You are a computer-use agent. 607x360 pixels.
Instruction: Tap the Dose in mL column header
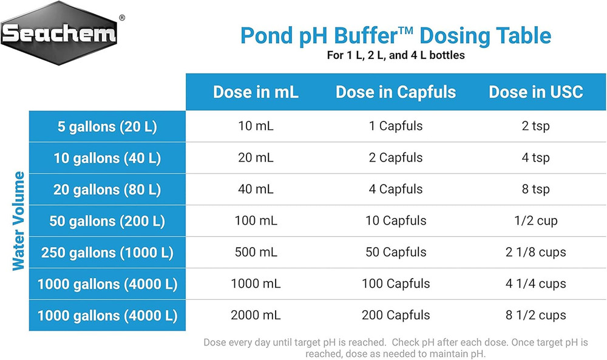pyautogui.click(x=256, y=92)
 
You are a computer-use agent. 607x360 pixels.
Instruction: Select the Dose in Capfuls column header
pyautogui.click(x=396, y=92)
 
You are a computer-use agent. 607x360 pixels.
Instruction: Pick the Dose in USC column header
pyautogui.click(x=536, y=92)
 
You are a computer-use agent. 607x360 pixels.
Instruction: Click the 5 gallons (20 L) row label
pyautogui.click(x=107, y=127)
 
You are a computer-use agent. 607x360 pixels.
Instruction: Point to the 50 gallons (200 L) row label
pyautogui.click(x=107, y=221)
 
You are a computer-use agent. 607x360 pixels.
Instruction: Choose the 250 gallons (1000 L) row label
pyautogui.click(x=107, y=253)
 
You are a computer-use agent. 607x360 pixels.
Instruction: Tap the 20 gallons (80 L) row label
pyautogui.click(x=107, y=189)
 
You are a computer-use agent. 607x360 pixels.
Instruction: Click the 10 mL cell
pyautogui.click(x=256, y=127)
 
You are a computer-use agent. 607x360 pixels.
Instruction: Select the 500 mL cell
pyautogui.click(x=256, y=253)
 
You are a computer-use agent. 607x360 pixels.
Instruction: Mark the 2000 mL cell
pyautogui.click(x=256, y=316)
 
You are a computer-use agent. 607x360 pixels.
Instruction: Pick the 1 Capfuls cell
pyautogui.click(x=396, y=127)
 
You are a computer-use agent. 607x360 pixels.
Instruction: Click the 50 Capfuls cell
pyautogui.click(x=396, y=253)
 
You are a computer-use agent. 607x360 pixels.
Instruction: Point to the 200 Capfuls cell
pyautogui.click(x=396, y=316)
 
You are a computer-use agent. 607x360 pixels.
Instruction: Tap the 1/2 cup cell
pyautogui.click(x=536, y=221)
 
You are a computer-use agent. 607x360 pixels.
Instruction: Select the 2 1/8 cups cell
pyautogui.click(x=536, y=253)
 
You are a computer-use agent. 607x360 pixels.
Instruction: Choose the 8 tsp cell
pyautogui.click(x=536, y=189)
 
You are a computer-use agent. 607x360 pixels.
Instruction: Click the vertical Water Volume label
pyautogui.click(x=19, y=221)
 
